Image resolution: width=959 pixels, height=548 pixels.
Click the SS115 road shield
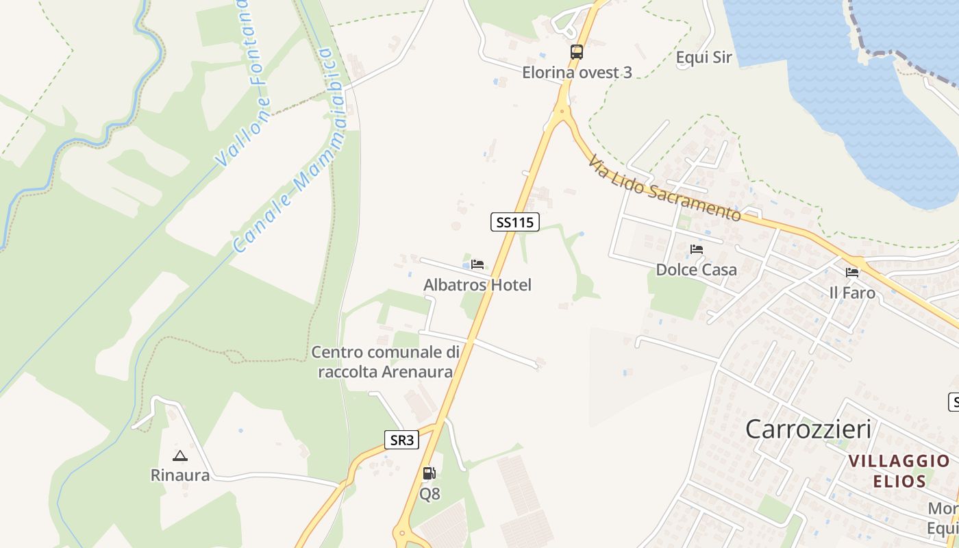(x=515, y=222)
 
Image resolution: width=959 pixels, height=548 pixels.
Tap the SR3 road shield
(x=401, y=440)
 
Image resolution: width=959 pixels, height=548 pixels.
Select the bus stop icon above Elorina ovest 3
(x=577, y=52)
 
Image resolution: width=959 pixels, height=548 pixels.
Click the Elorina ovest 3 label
(x=577, y=73)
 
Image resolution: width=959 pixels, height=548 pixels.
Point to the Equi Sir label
(x=703, y=58)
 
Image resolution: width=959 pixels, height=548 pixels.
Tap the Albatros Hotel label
(x=477, y=285)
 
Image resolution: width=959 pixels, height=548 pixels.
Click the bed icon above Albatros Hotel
(x=477, y=264)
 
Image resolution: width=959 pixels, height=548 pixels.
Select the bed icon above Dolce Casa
(x=697, y=249)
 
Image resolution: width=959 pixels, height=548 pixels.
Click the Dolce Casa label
(x=697, y=270)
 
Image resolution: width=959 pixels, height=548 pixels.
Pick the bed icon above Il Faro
(x=852, y=273)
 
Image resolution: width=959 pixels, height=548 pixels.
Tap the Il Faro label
(x=852, y=293)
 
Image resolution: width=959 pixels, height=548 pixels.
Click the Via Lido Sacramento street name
(x=664, y=188)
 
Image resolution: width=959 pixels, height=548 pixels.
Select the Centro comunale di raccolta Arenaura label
(x=386, y=362)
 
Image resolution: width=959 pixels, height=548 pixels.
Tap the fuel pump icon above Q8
(x=429, y=473)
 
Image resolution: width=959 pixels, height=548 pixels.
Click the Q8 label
(x=429, y=494)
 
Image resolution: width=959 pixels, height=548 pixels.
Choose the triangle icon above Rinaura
(x=180, y=456)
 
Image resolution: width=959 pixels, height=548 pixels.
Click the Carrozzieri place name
(x=808, y=429)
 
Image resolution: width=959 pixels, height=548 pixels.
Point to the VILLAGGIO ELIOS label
(x=899, y=471)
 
